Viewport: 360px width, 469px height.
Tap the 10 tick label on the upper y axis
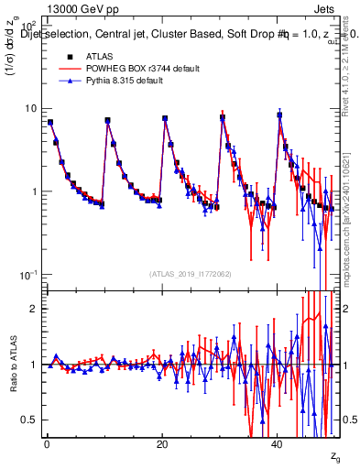tap(27, 108)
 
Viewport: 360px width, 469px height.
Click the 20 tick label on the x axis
tap(162, 444)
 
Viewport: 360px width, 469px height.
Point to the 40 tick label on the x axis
tap(278, 444)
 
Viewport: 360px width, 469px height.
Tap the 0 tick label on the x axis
tap(47, 444)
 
